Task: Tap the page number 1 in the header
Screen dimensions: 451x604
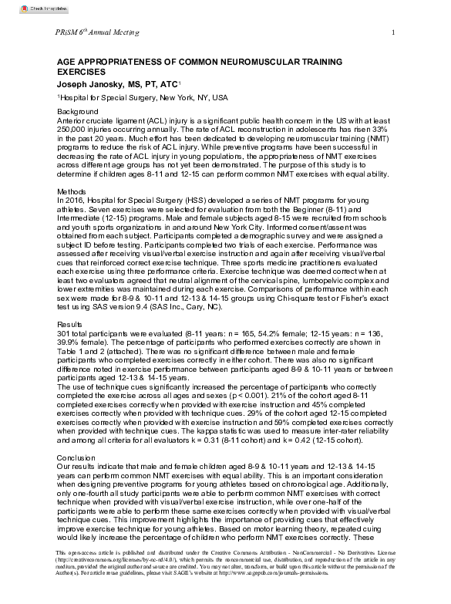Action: tap(393, 32)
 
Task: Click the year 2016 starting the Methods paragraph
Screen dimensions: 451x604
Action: tap(72, 199)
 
